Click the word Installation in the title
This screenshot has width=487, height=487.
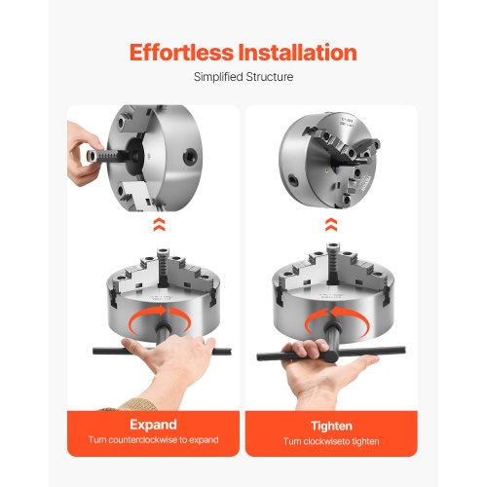(x=295, y=52)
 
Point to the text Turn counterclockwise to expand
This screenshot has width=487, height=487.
(x=153, y=441)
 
